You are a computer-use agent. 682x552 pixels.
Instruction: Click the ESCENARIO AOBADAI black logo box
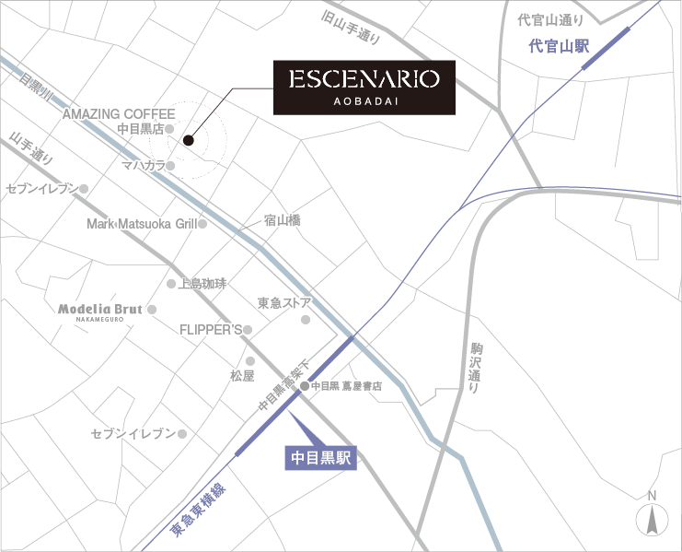364,88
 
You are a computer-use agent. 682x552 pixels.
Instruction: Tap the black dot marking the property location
188,140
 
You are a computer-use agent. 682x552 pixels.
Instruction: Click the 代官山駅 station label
560,45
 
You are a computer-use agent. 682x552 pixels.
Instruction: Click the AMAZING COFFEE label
119,114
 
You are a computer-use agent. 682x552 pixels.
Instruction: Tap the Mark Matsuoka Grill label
141,224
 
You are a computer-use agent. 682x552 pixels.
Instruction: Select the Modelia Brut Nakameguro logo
99,311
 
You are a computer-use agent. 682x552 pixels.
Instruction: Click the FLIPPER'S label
210,329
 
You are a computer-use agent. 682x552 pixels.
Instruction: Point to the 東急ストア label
284,302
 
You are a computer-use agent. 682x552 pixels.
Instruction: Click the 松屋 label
242,376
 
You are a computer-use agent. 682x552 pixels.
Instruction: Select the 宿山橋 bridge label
282,221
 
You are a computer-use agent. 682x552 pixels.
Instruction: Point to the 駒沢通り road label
473,369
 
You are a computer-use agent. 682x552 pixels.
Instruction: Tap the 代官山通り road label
550,19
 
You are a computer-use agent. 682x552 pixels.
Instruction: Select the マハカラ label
144,166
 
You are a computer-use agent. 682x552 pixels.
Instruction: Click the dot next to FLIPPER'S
247,329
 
